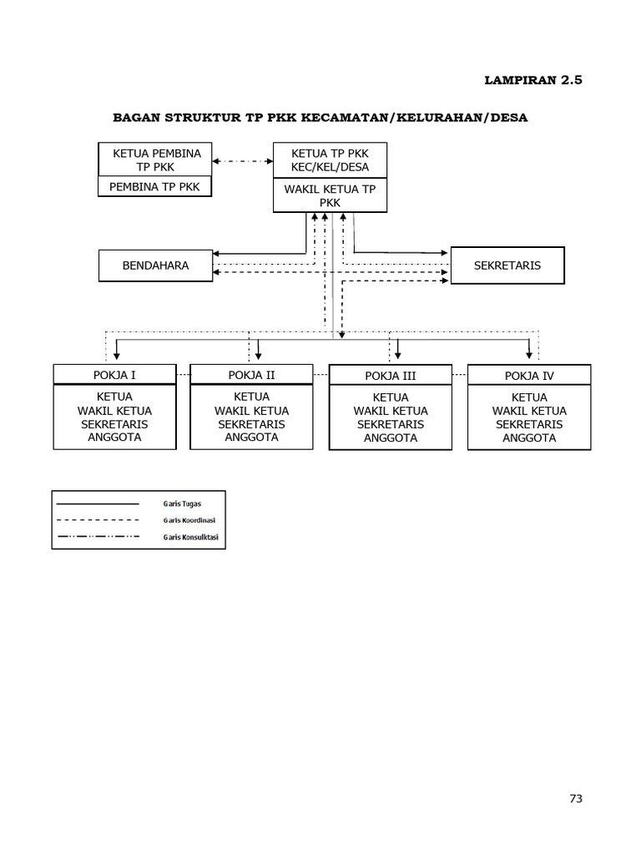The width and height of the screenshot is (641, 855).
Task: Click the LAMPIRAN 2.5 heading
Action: click(x=533, y=80)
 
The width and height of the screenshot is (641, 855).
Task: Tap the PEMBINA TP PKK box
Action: click(x=154, y=186)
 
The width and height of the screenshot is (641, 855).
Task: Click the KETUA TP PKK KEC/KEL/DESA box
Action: click(x=330, y=159)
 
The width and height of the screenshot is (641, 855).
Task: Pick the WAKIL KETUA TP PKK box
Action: click(x=330, y=195)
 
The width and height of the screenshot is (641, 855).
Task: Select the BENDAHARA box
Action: click(x=155, y=266)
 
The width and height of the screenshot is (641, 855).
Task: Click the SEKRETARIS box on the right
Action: click(x=507, y=266)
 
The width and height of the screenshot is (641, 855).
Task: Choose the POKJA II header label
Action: click(x=251, y=375)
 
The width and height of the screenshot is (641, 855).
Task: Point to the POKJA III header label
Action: click(x=391, y=376)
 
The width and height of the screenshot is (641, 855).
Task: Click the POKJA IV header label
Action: click(x=529, y=376)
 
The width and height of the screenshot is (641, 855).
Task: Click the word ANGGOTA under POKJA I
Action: click(x=114, y=437)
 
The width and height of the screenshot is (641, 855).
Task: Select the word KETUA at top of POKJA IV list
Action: click(x=529, y=397)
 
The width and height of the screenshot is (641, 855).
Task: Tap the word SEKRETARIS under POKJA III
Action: click(x=391, y=424)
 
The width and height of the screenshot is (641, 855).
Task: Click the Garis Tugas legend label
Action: click(x=182, y=503)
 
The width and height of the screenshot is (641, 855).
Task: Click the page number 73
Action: click(x=575, y=798)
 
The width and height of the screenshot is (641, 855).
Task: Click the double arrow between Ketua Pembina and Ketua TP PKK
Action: click(x=243, y=160)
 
